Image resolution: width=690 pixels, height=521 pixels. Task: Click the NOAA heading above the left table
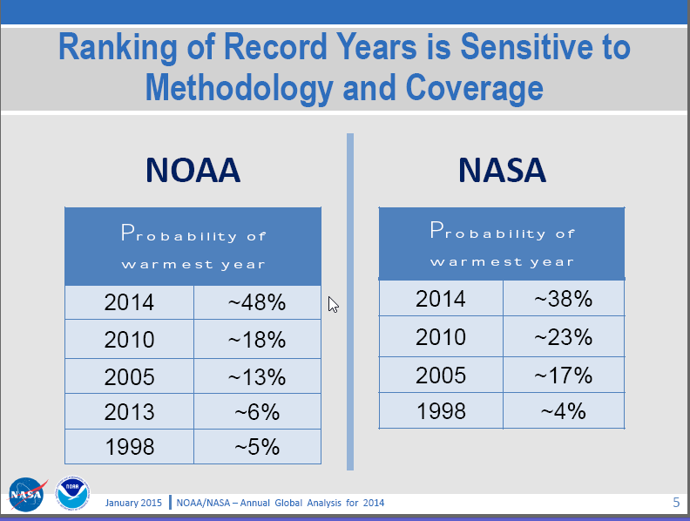click(193, 170)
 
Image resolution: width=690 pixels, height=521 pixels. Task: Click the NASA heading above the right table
click(502, 170)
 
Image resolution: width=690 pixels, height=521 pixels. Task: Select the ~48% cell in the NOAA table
click(257, 302)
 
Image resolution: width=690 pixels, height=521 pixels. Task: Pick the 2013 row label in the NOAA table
click(129, 411)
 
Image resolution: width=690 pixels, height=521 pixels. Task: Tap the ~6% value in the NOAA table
click(257, 411)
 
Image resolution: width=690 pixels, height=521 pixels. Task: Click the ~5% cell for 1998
click(257, 447)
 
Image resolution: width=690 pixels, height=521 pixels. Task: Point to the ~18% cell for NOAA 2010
click(257, 339)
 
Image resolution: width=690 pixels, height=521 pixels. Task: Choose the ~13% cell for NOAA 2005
click(257, 376)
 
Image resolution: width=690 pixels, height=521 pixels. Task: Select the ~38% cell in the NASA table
click(563, 299)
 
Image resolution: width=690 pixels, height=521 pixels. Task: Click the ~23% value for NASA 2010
click(563, 336)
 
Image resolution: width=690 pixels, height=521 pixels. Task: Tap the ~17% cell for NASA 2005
click(563, 375)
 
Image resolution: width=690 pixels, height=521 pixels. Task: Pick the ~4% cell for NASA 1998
click(563, 410)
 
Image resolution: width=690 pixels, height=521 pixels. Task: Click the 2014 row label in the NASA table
click(441, 299)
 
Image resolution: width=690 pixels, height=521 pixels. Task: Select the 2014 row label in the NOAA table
click(129, 302)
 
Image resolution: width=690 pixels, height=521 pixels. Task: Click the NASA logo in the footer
click(28, 495)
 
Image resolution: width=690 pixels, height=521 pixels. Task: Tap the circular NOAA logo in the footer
click(71, 494)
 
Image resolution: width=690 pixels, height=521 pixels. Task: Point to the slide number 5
click(676, 503)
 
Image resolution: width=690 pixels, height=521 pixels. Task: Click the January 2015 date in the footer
click(134, 503)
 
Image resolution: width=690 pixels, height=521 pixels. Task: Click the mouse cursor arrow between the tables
click(333, 304)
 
